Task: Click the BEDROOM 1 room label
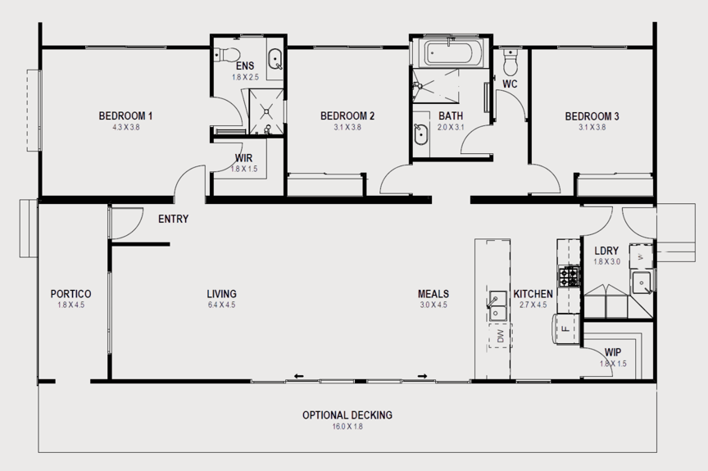click(125, 115)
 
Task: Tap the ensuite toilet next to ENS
click(220, 54)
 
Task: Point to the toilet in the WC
click(511, 60)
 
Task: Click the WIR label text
click(243, 157)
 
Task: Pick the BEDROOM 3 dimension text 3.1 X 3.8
click(592, 127)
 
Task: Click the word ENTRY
click(174, 219)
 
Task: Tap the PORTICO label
click(70, 294)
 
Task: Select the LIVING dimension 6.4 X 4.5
click(221, 305)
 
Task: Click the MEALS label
click(433, 294)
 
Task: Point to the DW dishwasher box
click(500, 336)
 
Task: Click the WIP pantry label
click(613, 352)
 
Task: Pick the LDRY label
click(606, 251)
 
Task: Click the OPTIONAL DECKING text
click(347, 414)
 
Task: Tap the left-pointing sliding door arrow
click(298, 376)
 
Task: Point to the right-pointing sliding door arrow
click(423, 376)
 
